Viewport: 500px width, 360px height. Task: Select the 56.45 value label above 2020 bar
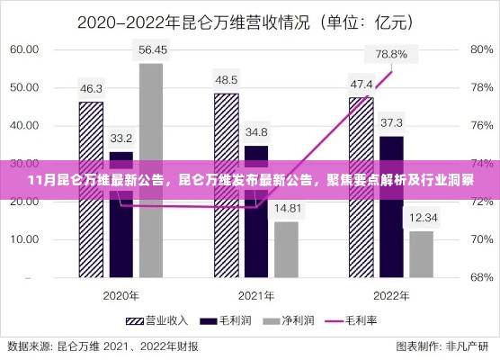click(x=150, y=49)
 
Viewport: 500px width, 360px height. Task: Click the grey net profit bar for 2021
click(x=286, y=247)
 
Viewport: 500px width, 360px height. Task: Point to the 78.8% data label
click(x=391, y=54)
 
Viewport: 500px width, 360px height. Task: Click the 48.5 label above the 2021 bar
click(x=226, y=79)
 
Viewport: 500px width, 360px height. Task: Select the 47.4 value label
click(x=362, y=83)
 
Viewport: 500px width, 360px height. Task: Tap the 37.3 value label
click(x=391, y=122)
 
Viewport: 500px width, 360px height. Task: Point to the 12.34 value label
click(x=421, y=217)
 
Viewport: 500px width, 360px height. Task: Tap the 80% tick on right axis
click(x=479, y=49)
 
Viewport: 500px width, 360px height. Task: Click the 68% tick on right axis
click(x=479, y=277)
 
